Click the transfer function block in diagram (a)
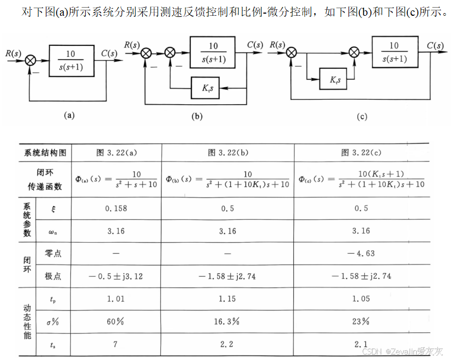coord(70,60)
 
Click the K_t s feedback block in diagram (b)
coord(205,87)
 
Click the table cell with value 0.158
coord(116,208)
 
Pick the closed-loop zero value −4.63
coord(361,253)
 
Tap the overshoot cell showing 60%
coord(116,321)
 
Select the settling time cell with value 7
coord(116,344)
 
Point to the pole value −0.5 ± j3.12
coord(116,276)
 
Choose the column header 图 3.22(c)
coord(361,153)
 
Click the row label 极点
coord(53,276)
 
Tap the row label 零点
coord(53,253)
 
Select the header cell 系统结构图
coord(45,153)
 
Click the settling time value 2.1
coord(361,344)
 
